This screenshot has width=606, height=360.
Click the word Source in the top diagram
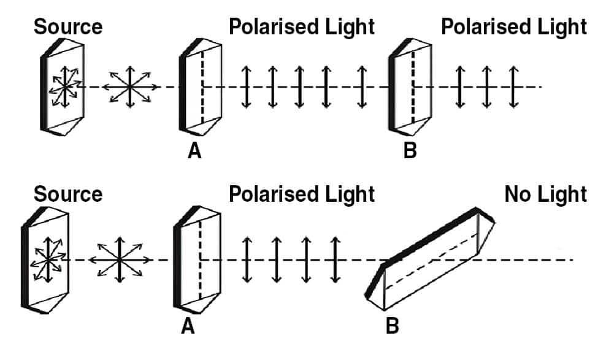coord(67,27)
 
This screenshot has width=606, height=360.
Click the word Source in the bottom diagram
coord(67,195)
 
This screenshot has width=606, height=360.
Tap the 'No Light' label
coord(545,195)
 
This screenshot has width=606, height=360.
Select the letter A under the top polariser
coord(194,151)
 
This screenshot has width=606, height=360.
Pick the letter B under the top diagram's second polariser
coord(410,151)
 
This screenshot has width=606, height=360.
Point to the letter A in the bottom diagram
coord(188,327)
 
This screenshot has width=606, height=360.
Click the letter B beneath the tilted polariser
coord(391,326)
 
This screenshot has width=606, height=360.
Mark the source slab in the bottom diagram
coord(46,259)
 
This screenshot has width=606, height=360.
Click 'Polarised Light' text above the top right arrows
coord(514,27)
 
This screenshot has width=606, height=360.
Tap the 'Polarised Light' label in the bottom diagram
coord(301,195)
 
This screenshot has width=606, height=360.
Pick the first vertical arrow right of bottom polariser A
coord(247,260)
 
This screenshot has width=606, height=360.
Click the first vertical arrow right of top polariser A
coord(246,86)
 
